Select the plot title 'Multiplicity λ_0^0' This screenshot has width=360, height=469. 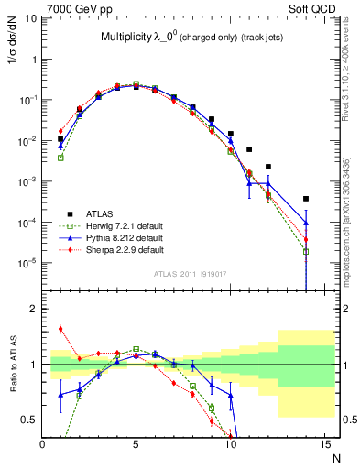(137, 38)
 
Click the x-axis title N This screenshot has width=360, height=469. (335, 457)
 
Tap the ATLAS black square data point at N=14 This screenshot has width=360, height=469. (306, 199)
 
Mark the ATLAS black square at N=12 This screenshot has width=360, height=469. (268, 167)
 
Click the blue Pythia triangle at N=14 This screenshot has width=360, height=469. (306, 223)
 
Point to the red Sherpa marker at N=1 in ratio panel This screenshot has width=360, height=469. (60, 329)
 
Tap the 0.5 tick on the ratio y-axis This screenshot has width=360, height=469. (33, 420)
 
